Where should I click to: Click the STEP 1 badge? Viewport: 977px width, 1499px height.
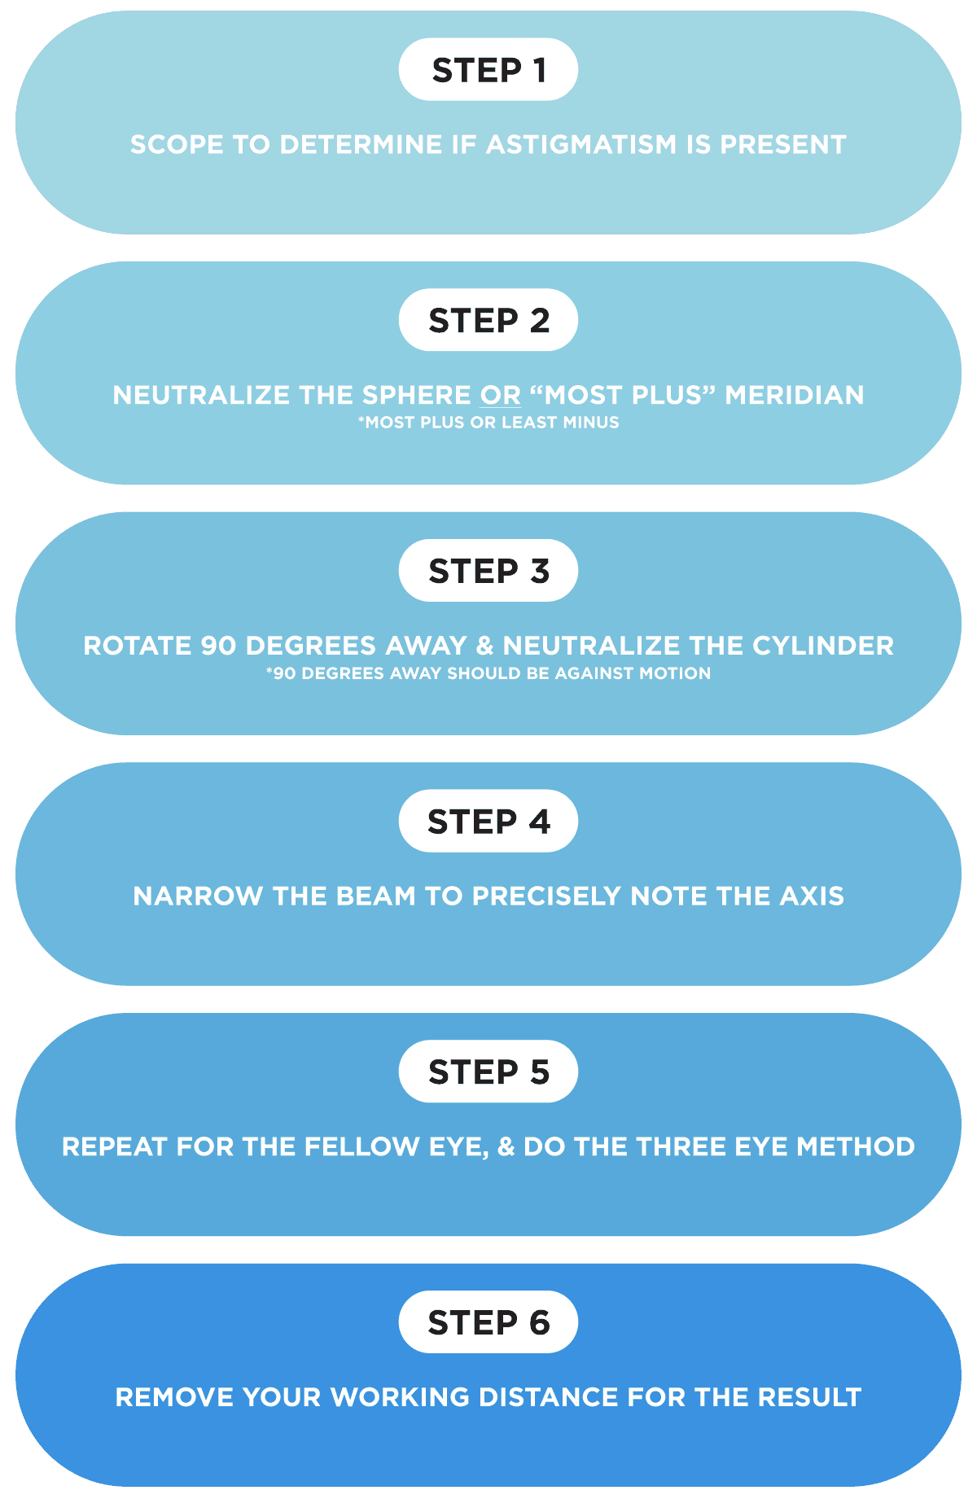tap(488, 70)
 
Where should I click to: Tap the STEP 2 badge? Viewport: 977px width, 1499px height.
tap(488, 320)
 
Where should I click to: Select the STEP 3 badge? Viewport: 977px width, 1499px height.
tap(488, 571)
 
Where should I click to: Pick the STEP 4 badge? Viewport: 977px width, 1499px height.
tap(488, 821)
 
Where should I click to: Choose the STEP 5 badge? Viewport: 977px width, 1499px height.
tap(488, 1072)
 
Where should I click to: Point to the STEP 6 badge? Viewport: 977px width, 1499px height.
tap(488, 1322)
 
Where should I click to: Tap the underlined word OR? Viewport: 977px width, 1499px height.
tap(500, 395)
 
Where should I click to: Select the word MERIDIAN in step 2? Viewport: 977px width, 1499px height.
tap(795, 395)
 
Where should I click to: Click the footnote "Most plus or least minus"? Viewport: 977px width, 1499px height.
tap(488, 423)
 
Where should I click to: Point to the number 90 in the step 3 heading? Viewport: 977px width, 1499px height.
tap(218, 646)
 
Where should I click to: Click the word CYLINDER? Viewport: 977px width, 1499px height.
tap(823, 646)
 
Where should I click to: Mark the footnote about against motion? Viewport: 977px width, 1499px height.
tap(488, 673)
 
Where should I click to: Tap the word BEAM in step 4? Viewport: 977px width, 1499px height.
tap(376, 896)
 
